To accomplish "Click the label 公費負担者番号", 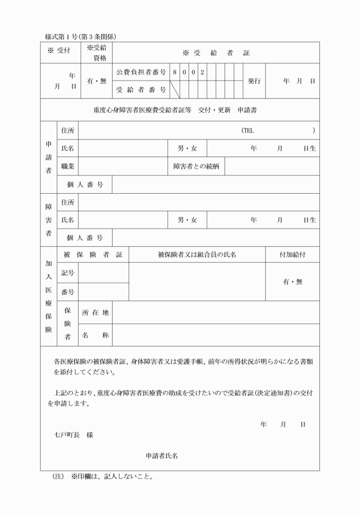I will tap(141, 73).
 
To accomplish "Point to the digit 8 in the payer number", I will tap(174, 73).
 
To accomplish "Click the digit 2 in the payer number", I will tap(202, 73).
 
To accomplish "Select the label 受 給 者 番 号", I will tap(141, 90).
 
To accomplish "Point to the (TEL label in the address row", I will tap(247, 131).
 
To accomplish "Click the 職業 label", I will tap(68, 166).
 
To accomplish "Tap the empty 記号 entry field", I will tap(103, 273).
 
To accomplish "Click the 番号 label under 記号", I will tap(68, 292).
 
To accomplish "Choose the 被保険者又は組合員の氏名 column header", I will tap(197, 254).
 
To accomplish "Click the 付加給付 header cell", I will tap(292, 254).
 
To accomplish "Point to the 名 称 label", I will tap(95, 335).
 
